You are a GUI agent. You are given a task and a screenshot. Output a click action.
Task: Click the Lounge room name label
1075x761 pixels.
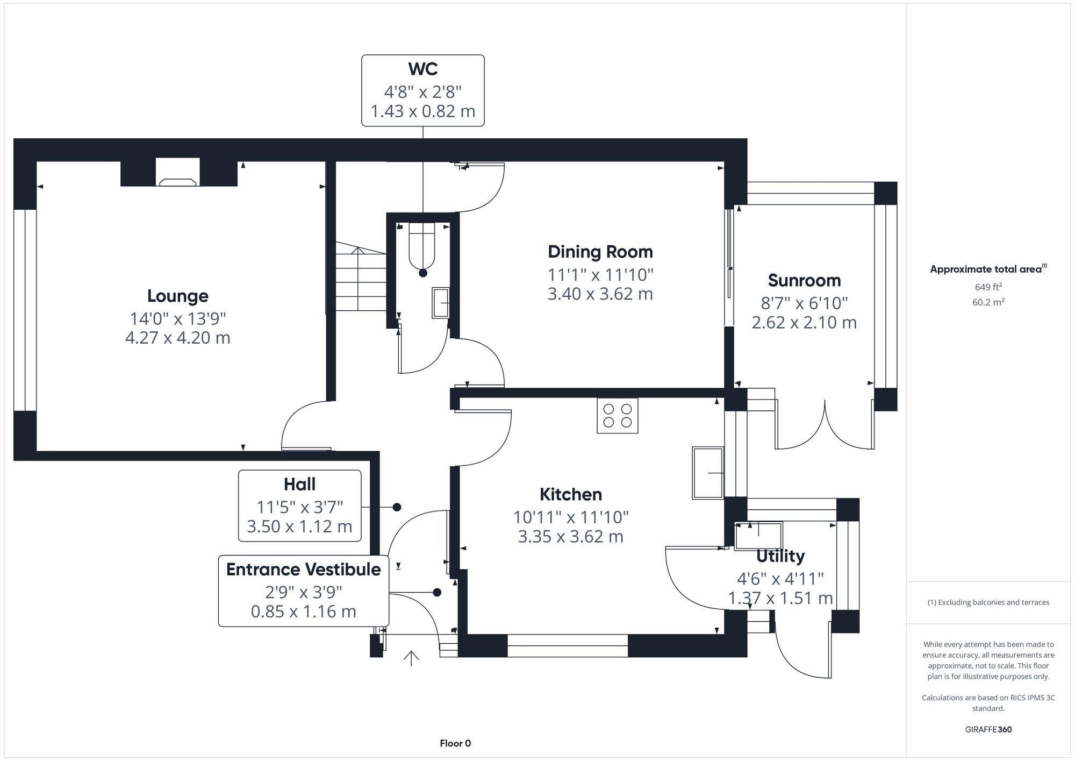click(177, 296)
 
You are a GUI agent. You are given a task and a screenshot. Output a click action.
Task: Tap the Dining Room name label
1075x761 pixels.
click(600, 252)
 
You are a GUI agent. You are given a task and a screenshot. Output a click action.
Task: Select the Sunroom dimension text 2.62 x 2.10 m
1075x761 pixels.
click(804, 323)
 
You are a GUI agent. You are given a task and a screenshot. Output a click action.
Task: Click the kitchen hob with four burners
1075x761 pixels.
click(617, 416)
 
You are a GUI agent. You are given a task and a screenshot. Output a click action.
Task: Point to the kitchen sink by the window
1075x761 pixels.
click(707, 473)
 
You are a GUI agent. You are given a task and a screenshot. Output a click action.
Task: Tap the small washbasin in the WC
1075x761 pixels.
click(441, 303)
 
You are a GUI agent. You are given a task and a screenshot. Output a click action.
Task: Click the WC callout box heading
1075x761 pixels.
click(422, 69)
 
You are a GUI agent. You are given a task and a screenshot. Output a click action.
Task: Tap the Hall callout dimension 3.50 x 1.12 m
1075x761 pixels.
click(299, 527)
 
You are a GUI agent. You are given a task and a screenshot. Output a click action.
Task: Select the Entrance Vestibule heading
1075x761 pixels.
click(303, 570)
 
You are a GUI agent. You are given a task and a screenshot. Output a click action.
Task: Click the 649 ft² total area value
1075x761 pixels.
click(988, 287)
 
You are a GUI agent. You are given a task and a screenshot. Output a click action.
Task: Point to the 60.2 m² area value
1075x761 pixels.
click(988, 302)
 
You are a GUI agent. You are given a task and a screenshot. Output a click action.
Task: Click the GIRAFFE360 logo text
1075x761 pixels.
click(988, 730)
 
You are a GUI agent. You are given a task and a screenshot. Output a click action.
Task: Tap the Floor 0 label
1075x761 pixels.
click(455, 743)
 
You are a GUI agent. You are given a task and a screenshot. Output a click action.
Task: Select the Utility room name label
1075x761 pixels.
click(780, 556)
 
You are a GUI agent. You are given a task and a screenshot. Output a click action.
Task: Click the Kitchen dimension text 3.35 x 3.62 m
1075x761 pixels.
click(570, 537)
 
